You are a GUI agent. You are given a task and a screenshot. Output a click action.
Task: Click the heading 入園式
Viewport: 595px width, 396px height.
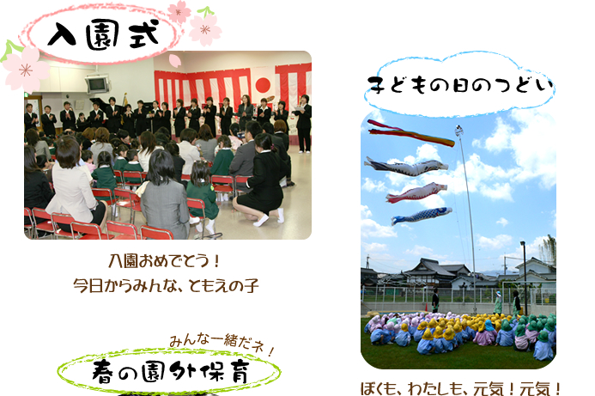click(103, 35)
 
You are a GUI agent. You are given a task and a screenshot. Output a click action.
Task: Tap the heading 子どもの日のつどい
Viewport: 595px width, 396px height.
click(459, 85)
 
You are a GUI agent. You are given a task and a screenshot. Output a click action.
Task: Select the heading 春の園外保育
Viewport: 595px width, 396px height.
click(171, 372)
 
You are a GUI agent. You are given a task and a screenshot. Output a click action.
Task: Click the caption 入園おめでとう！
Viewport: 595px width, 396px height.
click(164, 261)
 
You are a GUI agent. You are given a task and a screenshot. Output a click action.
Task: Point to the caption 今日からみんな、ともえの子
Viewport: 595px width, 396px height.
click(166, 285)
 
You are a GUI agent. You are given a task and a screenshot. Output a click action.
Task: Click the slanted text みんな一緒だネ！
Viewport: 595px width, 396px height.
click(222, 344)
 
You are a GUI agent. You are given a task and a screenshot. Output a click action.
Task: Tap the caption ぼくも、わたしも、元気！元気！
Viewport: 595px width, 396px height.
click(460, 388)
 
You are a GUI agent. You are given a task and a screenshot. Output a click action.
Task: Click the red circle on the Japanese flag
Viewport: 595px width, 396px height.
click(263, 85)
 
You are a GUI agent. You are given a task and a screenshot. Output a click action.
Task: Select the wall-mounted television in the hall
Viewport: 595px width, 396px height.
click(97, 84)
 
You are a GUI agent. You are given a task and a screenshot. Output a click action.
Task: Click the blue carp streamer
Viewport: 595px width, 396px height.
click(422, 216)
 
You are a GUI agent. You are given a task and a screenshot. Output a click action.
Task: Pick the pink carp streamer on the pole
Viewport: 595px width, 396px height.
click(416, 192)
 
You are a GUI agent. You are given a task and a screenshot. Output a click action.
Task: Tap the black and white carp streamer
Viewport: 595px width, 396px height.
click(406, 167)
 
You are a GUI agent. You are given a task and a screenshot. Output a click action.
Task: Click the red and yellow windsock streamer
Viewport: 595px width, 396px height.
click(410, 133)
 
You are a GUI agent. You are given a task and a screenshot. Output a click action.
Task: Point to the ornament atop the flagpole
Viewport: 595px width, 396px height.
click(459, 131)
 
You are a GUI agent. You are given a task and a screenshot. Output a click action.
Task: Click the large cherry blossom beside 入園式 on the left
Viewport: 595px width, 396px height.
click(24, 69)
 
